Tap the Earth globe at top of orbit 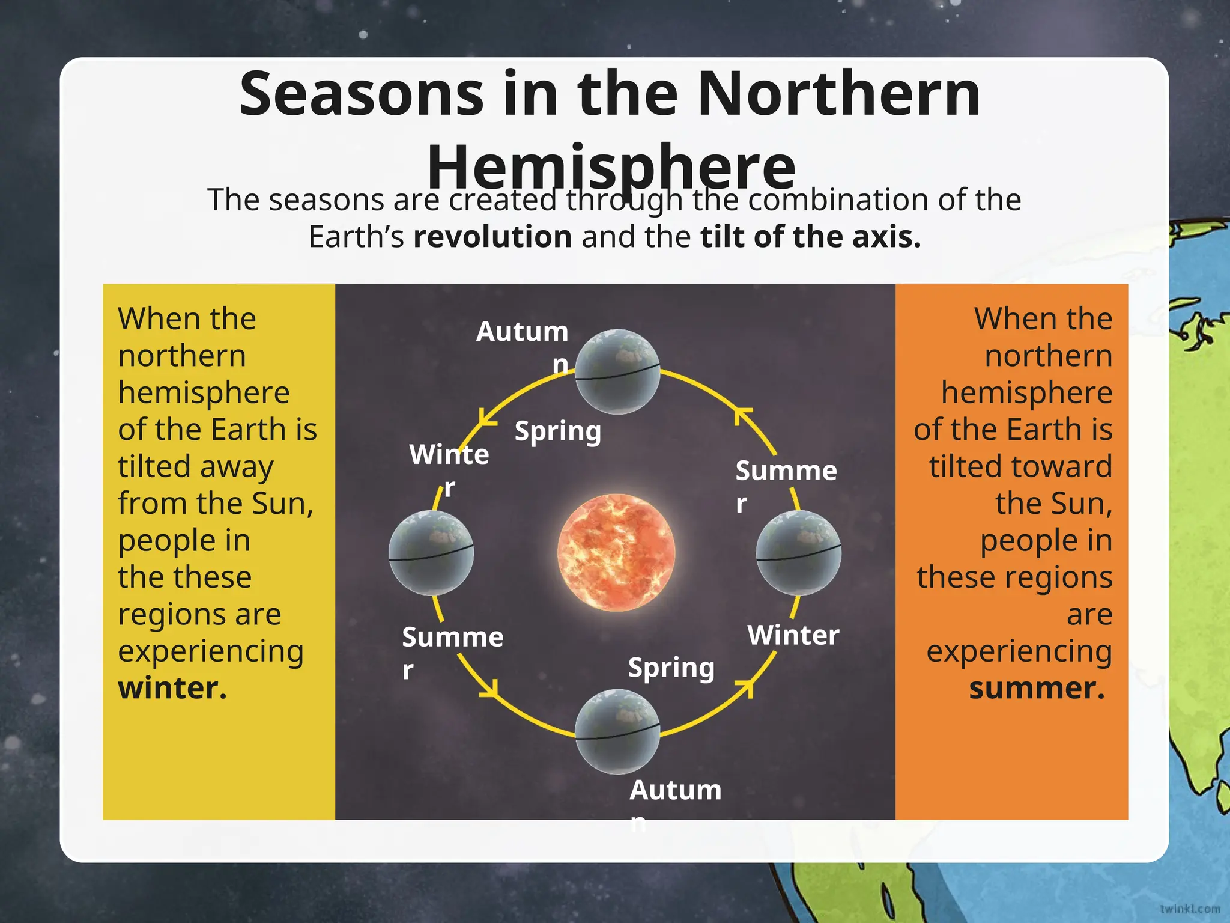pos(617,371)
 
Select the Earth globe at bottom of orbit pos(617,731)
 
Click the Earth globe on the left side pos(431,553)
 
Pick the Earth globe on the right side pos(798,553)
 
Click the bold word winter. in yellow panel pos(172,688)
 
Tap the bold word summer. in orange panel pos(1037,688)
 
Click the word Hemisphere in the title pos(611,166)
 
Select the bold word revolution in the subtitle pos(492,236)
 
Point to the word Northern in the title pos(838,94)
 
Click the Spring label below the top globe pos(557,431)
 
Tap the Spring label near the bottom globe pos(671,668)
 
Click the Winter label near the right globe pos(793,635)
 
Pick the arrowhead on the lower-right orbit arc pos(746,687)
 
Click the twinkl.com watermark pos(1190,909)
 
